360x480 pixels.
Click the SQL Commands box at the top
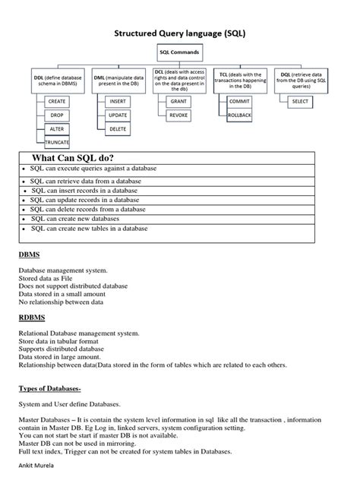click(x=179, y=52)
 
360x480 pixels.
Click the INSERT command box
click(x=118, y=100)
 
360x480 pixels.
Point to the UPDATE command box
click(x=118, y=115)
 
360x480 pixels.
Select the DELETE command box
click(x=118, y=128)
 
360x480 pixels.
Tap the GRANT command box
click(x=178, y=100)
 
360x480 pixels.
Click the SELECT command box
click(x=300, y=100)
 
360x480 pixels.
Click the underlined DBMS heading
click(x=30, y=254)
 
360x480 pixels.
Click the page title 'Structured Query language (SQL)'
click(x=179, y=33)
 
